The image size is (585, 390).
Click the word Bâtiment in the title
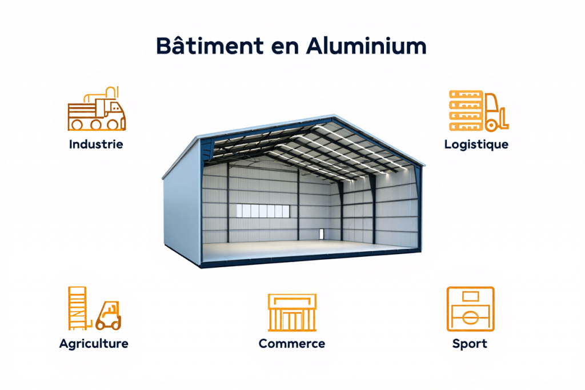pyautogui.click(x=210, y=46)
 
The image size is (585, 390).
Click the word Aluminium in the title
pyautogui.click(x=366, y=46)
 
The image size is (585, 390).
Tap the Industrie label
pyautogui.click(x=96, y=144)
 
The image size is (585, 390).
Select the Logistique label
pyautogui.click(x=476, y=144)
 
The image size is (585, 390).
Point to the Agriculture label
pyautogui.click(x=94, y=344)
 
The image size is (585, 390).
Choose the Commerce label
pyautogui.click(x=292, y=343)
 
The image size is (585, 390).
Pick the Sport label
pyautogui.click(x=470, y=344)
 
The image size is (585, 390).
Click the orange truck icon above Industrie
pyautogui.click(x=97, y=108)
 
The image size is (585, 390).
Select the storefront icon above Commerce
pyautogui.click(x=292, y=312)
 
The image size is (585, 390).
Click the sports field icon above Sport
pyautogui.click(x=471, y=309)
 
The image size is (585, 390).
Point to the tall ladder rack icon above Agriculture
pyautogui.click(x=78, y=308)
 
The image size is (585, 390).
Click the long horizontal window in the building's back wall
pyautogui.click(x=263, y=211)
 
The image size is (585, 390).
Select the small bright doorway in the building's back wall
pyautogui.click(x=322, y=234)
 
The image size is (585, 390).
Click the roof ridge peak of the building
pyautogui.click(x=333, y=115)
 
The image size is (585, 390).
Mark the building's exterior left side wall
pyautogui.click(x=182, y=202)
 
